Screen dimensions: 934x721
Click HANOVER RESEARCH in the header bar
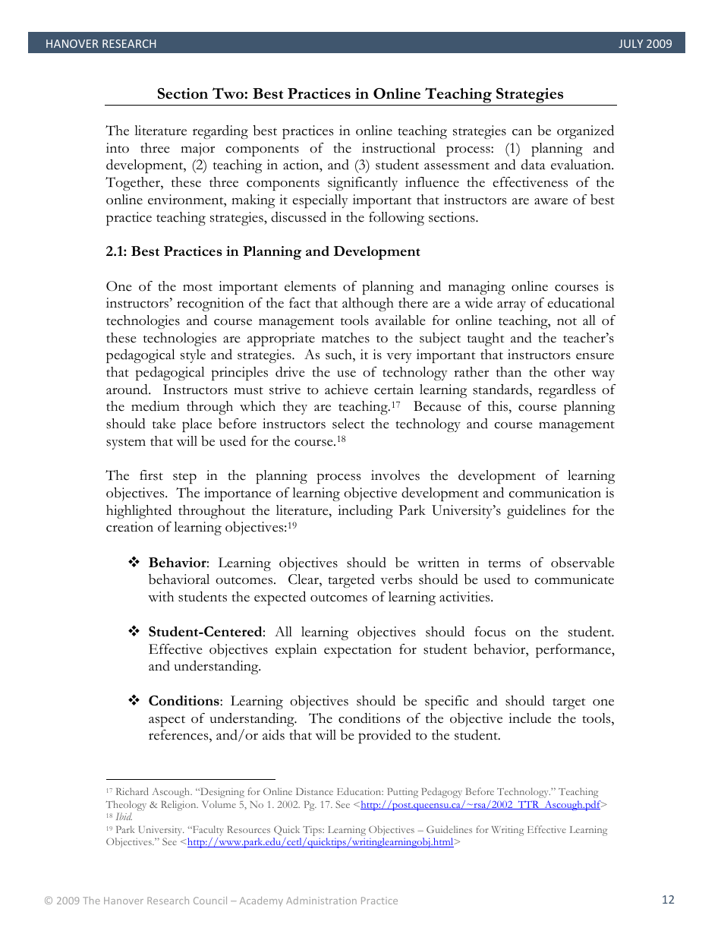click(x=101, y=44)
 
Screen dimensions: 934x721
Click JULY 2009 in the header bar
click(x=645, y=44)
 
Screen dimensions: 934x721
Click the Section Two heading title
click(x=360, y=94)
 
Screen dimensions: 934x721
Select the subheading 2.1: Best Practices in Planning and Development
click(x=263, y=252)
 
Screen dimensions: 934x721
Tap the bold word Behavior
click(x=177, y=563)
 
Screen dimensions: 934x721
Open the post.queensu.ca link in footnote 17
click(x=480, y=805)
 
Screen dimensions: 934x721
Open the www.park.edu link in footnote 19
click(x=320, y=842)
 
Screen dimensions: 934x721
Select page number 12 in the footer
click(x=668, y=900)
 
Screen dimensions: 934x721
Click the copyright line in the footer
click(x=221, y=901)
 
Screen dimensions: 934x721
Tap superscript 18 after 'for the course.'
click(x=342, y=439)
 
